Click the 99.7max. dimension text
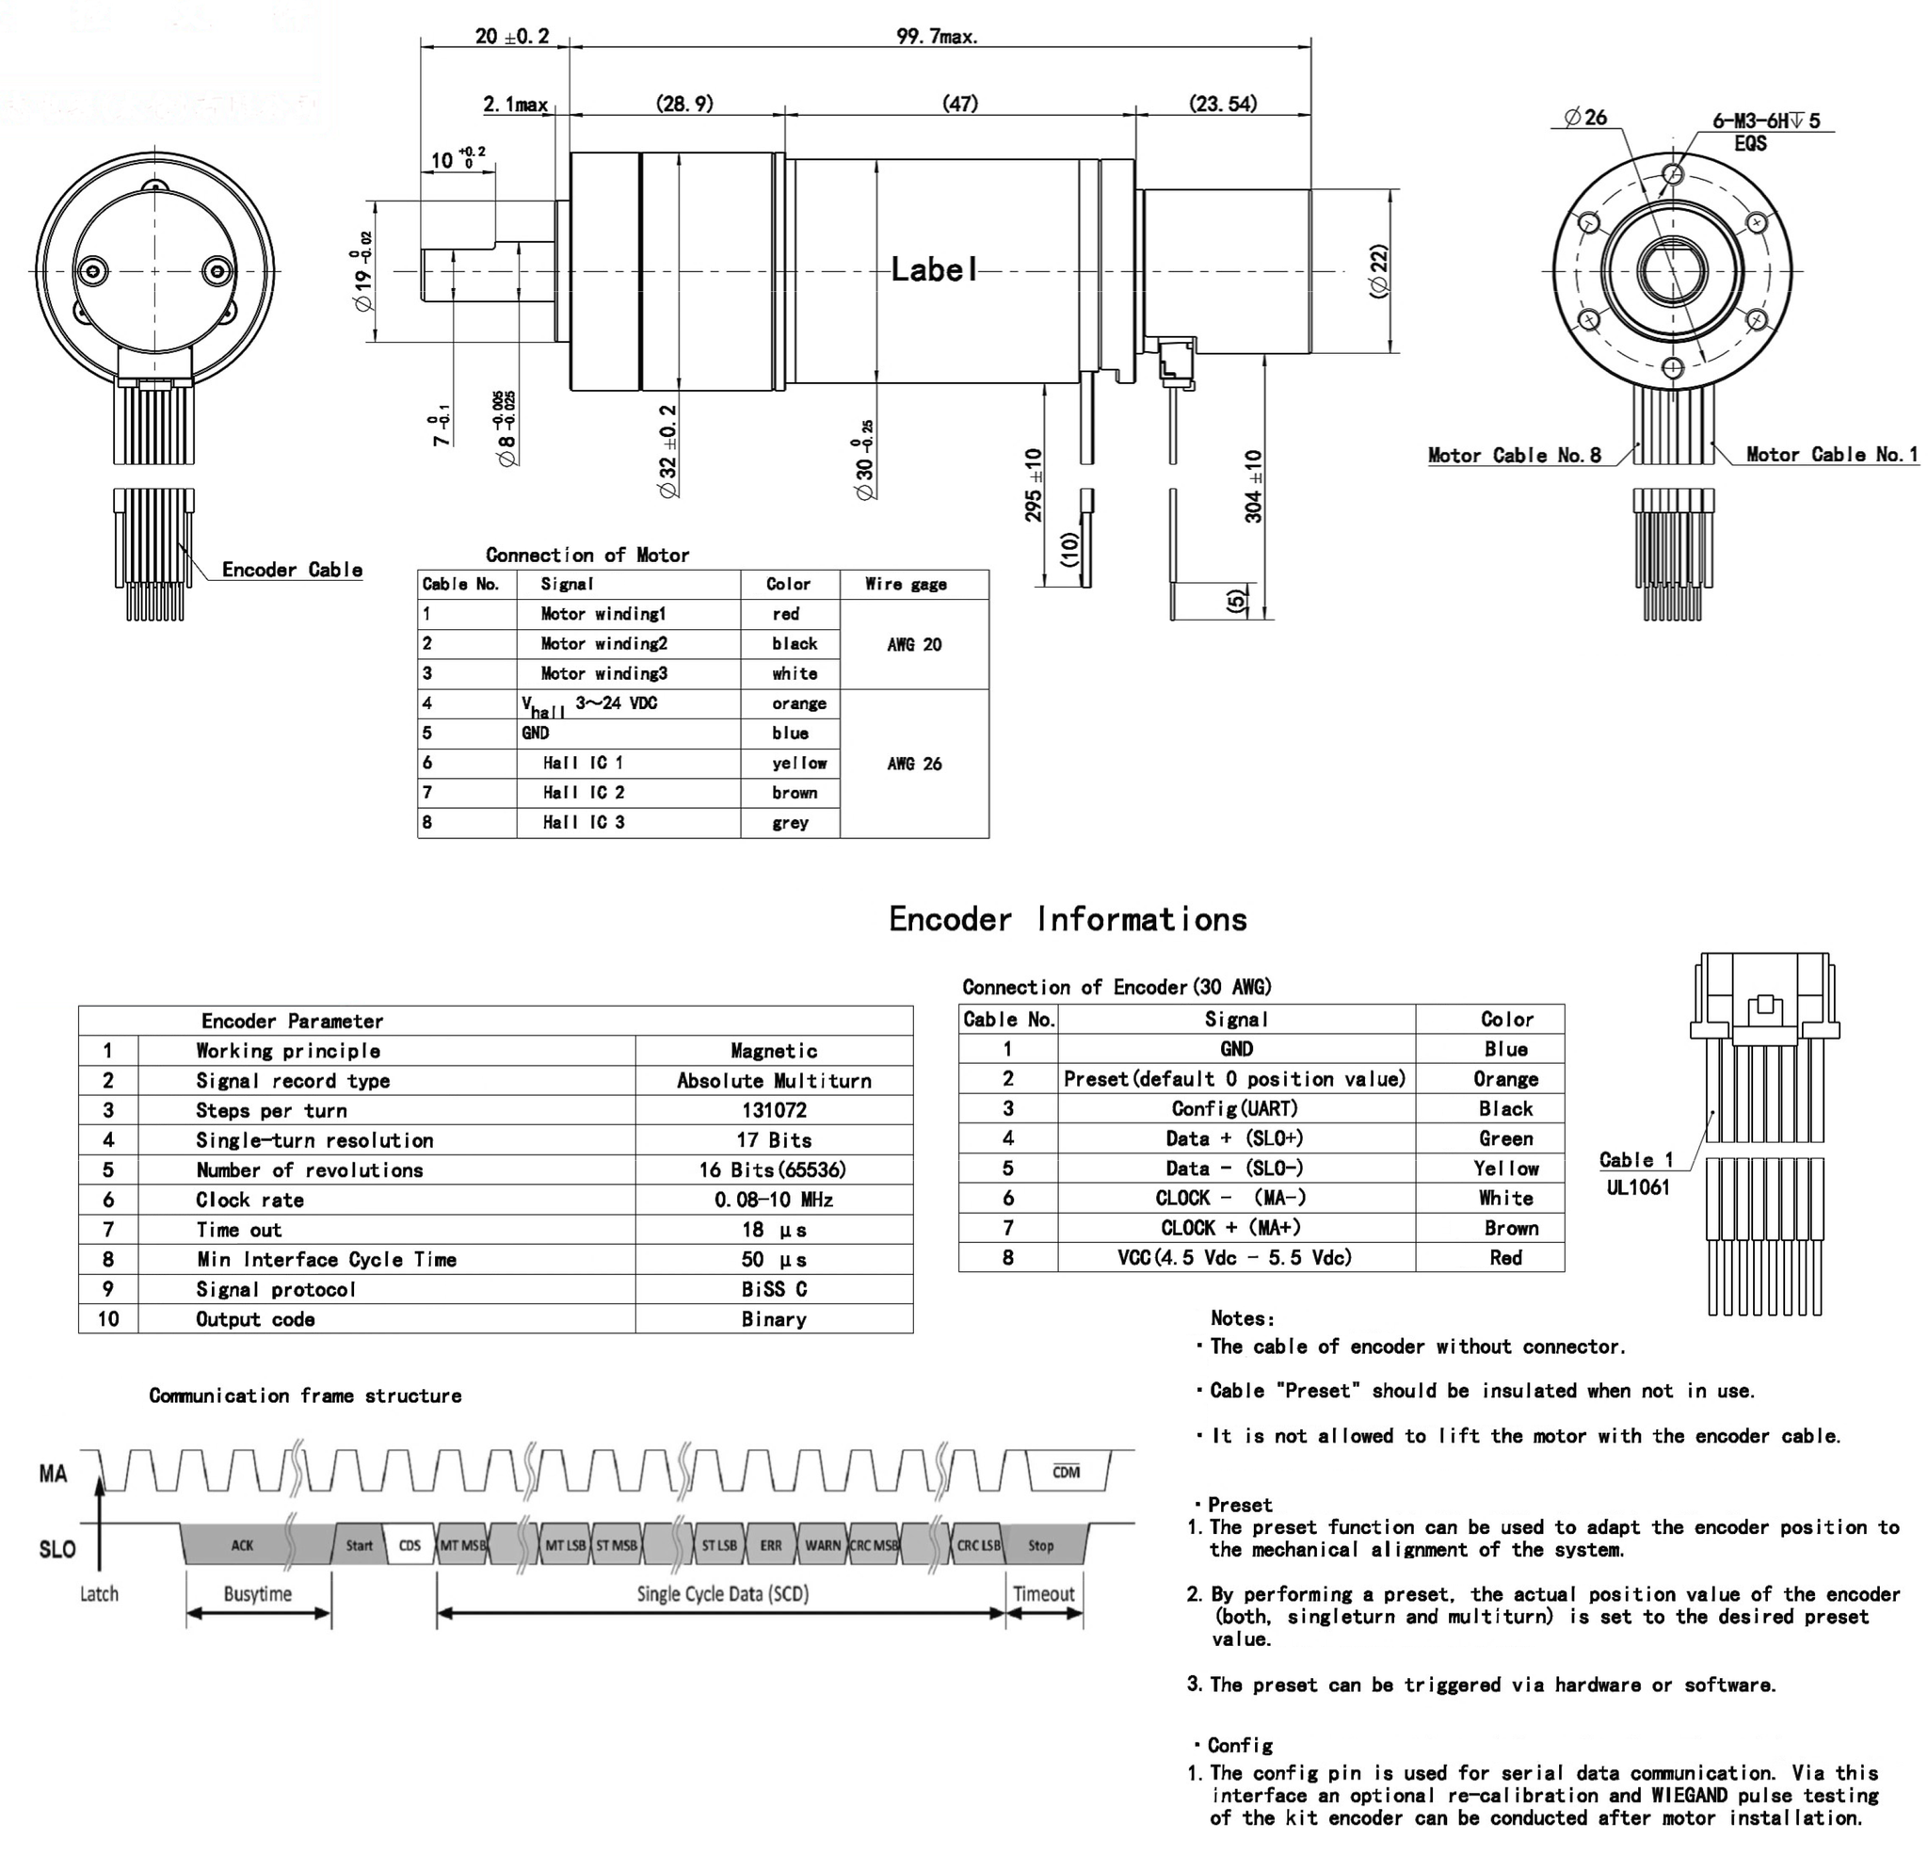click(x=937, y=38)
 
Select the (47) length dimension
click(x=960, y=104)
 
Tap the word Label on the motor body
click(x=934, y=269)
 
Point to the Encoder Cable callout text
click(x=292, y=570)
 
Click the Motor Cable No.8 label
click(x=1514, y=456)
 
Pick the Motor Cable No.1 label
click(x=1832, y=455)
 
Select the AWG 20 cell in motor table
click(x=914, y=644)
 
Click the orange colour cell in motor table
click(x=798, y=703)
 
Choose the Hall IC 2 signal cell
click(x=584, y=793)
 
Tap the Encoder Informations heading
click(x=1068, y=919)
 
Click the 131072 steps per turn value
click(x=774, y=1110)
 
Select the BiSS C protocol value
click(x=774, y=1290)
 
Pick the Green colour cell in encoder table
click(x=1505, y=1139)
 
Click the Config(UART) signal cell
click(x=1235, y=1108)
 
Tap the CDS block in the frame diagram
click(x=410, y=1545)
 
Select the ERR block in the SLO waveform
click(x=770, y=1545)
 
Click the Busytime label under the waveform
click(x=258, y=1593)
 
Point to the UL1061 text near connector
click(x=1638, y=1187)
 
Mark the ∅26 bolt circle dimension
click(x=1585, y=118)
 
